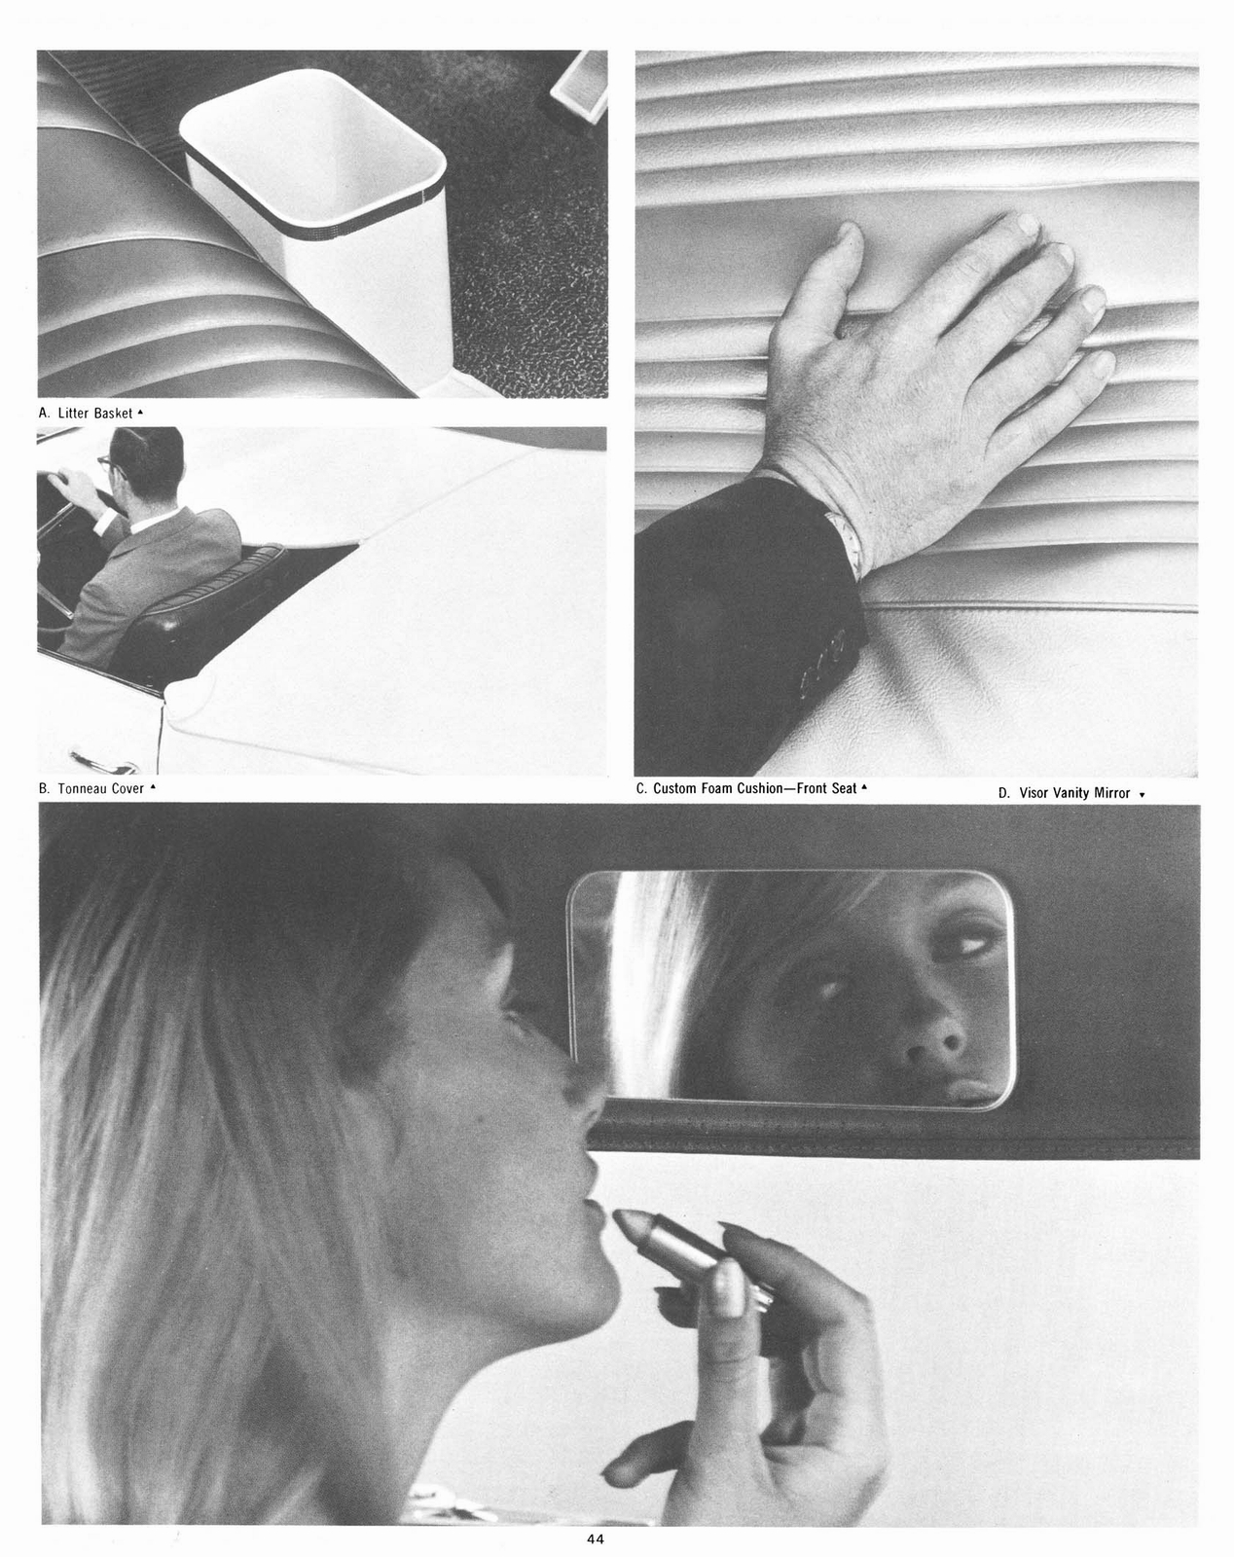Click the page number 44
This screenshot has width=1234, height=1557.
[x=596, y=1539]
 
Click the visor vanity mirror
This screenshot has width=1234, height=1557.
[x=790, y=991]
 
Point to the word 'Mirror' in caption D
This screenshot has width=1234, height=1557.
[x=1112, y=793]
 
